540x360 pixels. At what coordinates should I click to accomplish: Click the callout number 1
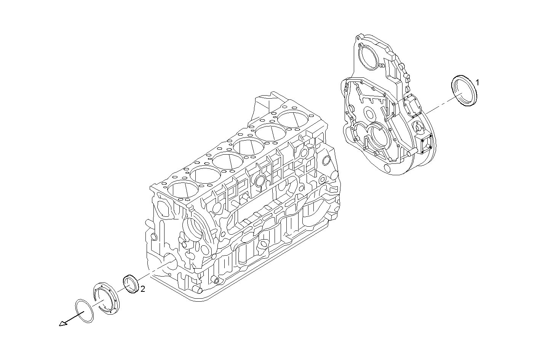click(478, 82)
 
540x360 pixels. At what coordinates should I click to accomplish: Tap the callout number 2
click(142, 289)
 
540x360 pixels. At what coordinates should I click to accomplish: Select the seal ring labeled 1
click(464, 92)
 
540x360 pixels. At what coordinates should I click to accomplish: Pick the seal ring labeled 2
click(130, 284)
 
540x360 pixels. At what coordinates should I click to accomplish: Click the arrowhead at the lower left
click(62, 324)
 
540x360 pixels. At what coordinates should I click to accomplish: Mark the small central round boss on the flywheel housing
click(369, 113)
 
